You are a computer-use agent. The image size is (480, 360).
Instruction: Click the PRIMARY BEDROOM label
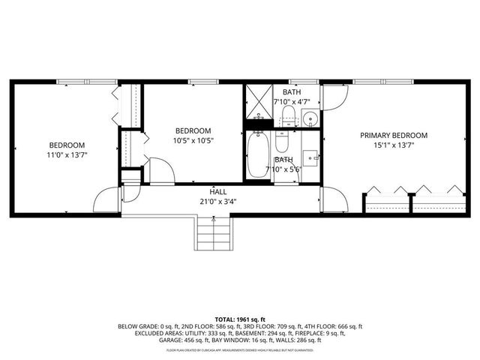tap(394, 135)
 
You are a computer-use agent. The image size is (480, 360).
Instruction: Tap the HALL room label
tap(218, 192)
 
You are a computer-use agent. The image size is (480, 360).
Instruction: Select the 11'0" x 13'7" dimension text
tap(67, 155)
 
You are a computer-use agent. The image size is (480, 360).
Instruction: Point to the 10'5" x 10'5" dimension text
tap(193, 140)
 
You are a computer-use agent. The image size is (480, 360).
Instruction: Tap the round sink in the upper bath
tap(309, 118)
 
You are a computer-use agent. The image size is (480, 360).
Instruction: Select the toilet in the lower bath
tap(282, 141)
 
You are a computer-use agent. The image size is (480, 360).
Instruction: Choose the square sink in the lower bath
tap(310, 157)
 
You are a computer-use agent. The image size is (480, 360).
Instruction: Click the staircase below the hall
tap(212, 235)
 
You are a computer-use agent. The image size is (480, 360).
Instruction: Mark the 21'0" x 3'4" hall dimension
tap(218, 202)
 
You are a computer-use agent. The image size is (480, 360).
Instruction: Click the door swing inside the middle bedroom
tap(160, 170)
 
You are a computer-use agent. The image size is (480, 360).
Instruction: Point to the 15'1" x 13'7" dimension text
tap(394, 145)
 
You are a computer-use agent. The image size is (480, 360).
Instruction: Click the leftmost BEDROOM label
tap(67, 145)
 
